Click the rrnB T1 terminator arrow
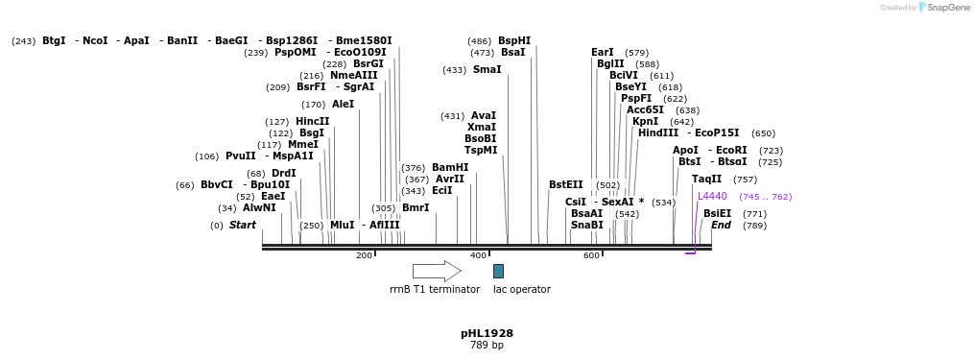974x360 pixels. (437, 272)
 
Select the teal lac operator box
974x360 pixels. (498, 272)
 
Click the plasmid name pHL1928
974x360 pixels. (487, 333)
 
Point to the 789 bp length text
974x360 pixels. (487, 346)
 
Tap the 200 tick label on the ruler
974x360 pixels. (364, 255)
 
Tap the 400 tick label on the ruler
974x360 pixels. (478, 255)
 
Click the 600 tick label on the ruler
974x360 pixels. (591, 255)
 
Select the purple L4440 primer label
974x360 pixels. (712, 196)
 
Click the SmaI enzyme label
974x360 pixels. (487, 70)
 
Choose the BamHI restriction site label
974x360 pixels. (450, 167)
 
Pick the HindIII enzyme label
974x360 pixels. (658, 133)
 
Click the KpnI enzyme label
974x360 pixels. (645, 122)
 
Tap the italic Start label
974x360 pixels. (242, 226)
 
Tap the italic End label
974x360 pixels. (721, 226)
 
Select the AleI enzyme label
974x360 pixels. (343, 105)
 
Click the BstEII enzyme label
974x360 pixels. (566, 185)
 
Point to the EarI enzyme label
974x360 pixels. (603, 53)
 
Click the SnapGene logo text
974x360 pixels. (944, 8)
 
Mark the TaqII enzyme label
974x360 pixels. (706, 180)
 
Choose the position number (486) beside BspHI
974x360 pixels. (479, 41)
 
